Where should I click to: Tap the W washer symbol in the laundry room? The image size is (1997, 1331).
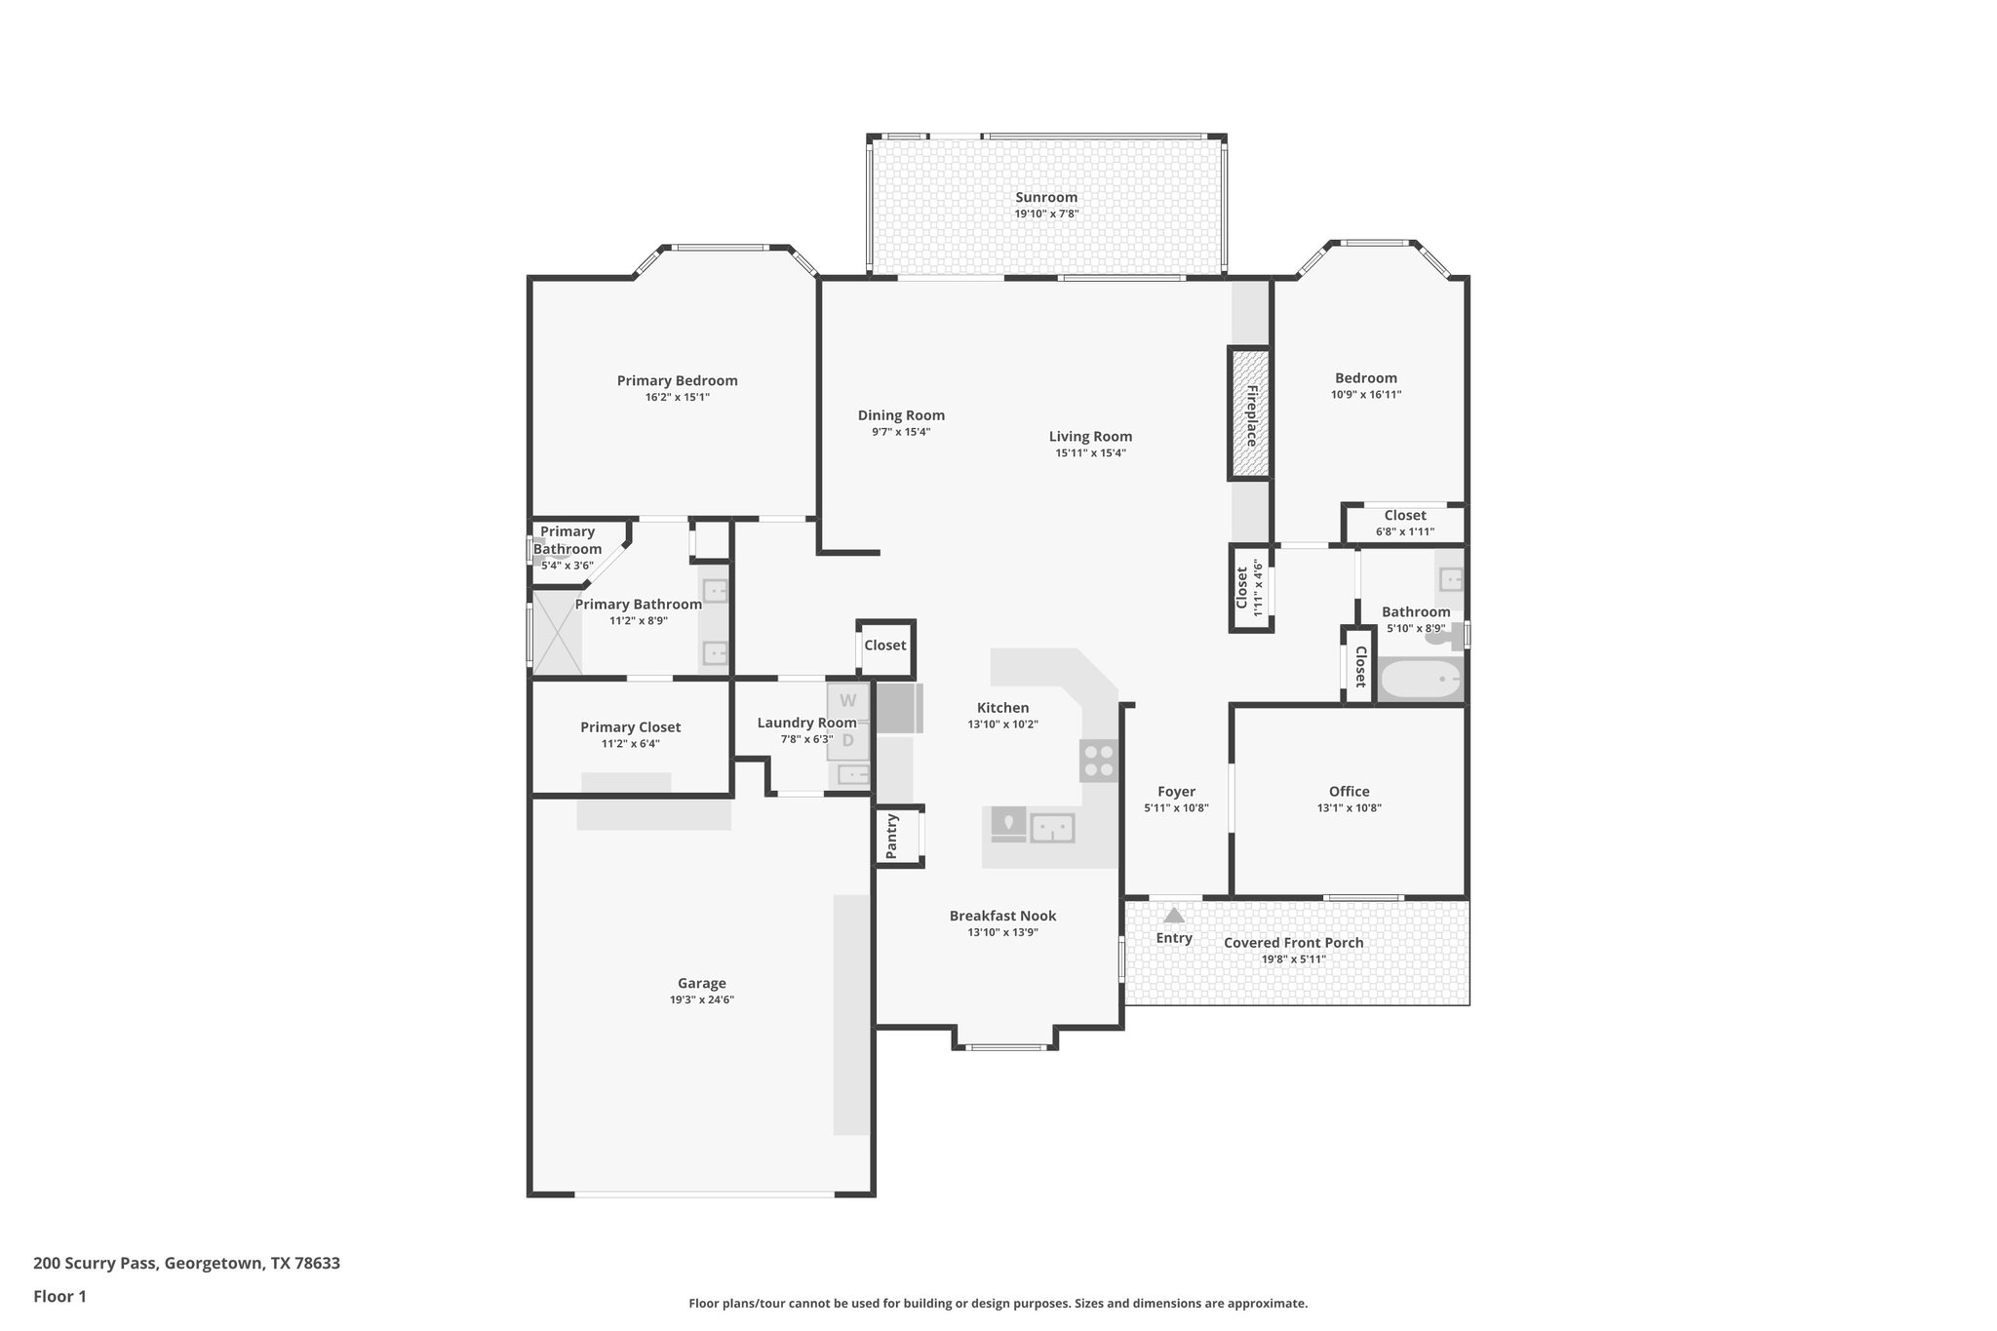847,700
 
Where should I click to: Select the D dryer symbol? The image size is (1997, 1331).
847,740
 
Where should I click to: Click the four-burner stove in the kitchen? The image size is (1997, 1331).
1099,761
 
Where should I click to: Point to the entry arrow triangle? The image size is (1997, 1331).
1174,916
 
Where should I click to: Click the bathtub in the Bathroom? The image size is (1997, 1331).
1420,680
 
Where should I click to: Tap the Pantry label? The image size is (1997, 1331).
891,837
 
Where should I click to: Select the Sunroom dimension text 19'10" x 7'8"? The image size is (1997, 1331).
1046,214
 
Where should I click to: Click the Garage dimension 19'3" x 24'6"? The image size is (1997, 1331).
701,999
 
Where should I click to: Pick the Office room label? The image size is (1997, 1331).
1349,792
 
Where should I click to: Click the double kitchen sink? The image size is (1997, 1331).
1052,828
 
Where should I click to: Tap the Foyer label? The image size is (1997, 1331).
1176,792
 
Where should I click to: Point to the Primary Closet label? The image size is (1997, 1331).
630,727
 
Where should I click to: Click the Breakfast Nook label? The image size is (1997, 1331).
1002,916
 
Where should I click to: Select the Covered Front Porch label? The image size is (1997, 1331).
1293,942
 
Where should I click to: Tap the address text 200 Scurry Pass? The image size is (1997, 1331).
186,1264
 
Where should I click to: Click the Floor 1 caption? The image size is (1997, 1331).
59,1297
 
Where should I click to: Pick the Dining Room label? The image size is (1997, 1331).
901,415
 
